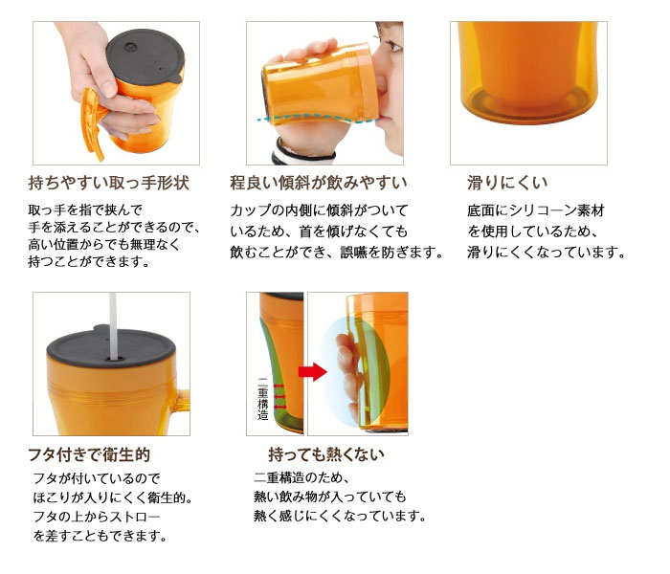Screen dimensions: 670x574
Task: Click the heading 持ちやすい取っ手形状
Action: tap(108, 183)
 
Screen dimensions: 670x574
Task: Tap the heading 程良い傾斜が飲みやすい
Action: tap(319, 183)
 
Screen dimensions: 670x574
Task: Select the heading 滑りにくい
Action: tap(507, 183)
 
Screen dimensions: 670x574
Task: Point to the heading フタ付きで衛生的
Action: tap(89, 454)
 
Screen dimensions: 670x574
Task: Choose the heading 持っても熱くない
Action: tap(326, 454)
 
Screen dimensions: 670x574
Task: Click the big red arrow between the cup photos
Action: tap(312, 371)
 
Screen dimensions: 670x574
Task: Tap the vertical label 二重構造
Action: tap(263, 399)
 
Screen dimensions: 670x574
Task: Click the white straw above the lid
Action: tap(113, 325)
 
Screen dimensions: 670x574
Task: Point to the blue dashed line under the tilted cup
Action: tap(316, 119)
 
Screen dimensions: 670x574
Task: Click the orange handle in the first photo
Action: tap(91, 122)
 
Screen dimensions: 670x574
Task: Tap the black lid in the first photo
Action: tap(145, 55)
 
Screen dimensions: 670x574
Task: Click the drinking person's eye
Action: tap(393, 45)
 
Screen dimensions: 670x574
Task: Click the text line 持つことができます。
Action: tap(90, 261)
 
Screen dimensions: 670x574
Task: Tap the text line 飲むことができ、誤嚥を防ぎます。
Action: tap(337, 253)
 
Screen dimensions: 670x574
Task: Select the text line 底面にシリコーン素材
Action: tap(536, 210)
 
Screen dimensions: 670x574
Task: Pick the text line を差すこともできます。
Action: tap(100, 536)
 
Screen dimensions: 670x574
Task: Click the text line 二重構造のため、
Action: tap(302, 477)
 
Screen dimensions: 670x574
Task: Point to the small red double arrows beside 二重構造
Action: tap(279, 397)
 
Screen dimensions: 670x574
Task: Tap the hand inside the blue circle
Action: tap(348, 371)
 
